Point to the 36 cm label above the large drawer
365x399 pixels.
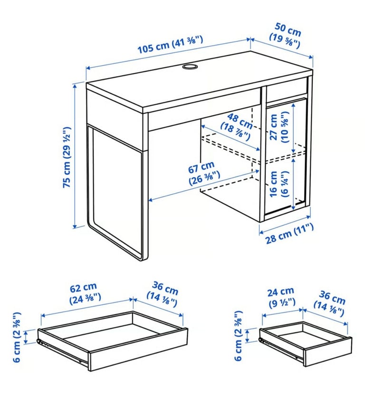164,294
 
